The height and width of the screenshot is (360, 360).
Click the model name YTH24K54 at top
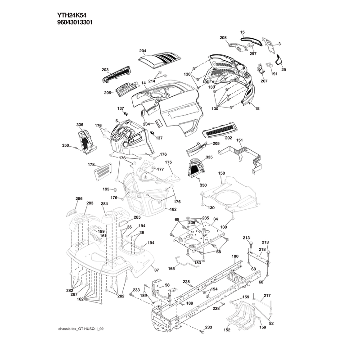click(72, 15)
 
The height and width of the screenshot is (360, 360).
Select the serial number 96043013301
click(75, 22)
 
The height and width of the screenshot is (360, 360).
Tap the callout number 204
click(143, 51)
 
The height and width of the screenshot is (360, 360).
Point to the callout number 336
click(80, 125)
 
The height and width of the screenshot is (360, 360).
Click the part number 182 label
click(173, 209)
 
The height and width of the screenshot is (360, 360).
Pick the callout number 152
click(227, 330)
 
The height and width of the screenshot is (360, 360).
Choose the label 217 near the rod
click(267, 296)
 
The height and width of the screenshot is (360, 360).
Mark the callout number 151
click(239, 140)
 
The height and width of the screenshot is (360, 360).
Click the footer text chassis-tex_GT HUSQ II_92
click(81, 329)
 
